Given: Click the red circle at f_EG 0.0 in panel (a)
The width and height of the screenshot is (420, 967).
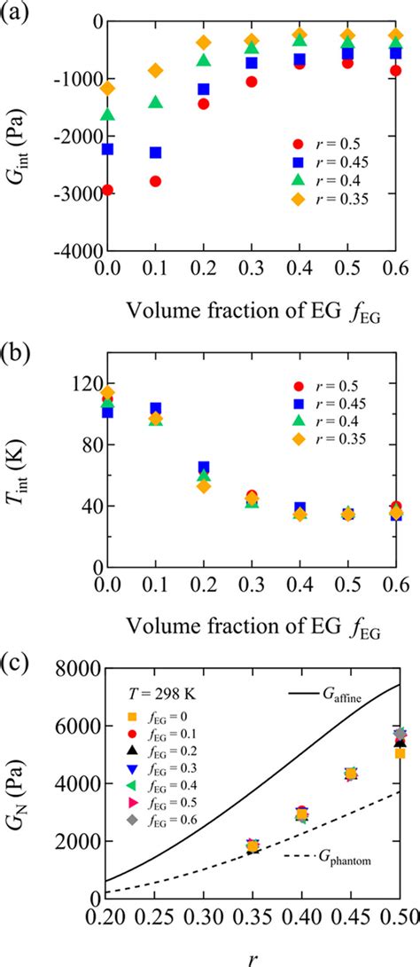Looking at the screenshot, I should tap(108, 190).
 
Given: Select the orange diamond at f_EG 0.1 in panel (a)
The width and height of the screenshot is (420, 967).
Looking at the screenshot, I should tap(156, 70).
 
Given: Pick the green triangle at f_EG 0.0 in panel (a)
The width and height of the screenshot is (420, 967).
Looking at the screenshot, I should tap(108, 114).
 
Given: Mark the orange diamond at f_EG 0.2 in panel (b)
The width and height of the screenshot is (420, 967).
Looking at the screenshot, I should tap(204, 485).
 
